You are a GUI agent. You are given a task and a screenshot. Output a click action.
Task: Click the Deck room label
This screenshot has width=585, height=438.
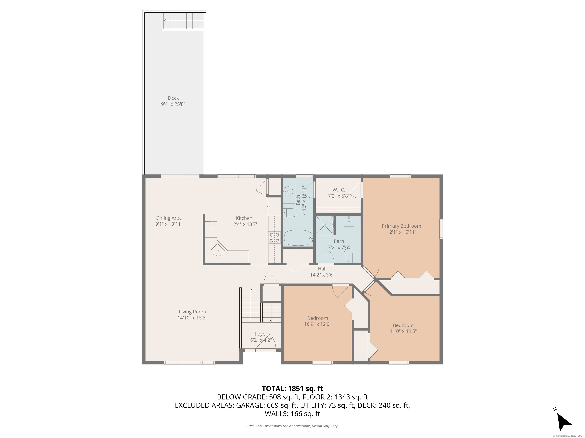tap(173, 98)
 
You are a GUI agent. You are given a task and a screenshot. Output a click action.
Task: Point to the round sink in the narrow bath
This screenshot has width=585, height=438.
tap(288, 191)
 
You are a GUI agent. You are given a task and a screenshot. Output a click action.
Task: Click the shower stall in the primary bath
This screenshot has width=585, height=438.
tap(325, 225)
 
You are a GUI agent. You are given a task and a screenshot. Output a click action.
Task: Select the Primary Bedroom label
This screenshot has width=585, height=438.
tap(401, 226)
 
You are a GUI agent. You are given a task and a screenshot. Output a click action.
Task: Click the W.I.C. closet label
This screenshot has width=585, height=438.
tap(339, 190)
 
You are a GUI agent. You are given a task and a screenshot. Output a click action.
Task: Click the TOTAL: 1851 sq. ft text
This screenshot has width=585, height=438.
tap(292, 389)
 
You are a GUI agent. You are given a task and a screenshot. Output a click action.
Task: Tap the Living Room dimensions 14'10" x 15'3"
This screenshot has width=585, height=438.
tap(192, 318)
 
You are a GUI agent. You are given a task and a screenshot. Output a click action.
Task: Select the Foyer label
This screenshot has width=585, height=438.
tap(261, 334)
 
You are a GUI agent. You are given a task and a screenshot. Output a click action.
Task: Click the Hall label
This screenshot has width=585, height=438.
tap(322, 269)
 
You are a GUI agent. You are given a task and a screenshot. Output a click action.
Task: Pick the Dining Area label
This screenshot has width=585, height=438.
tap(169, 218)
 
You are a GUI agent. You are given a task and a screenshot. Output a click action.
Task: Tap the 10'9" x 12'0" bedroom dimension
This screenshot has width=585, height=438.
tap(318, 324)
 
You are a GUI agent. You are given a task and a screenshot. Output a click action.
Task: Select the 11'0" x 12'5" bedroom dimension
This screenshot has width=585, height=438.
tap(403, 331)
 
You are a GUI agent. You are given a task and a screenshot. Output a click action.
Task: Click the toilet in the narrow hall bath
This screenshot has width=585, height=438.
tap(290, 213)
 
